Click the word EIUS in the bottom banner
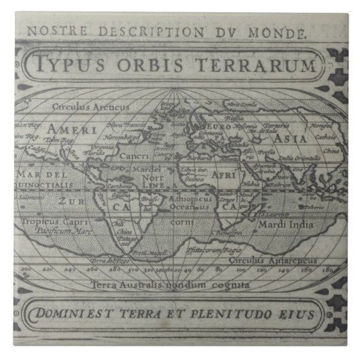(296, 314)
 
